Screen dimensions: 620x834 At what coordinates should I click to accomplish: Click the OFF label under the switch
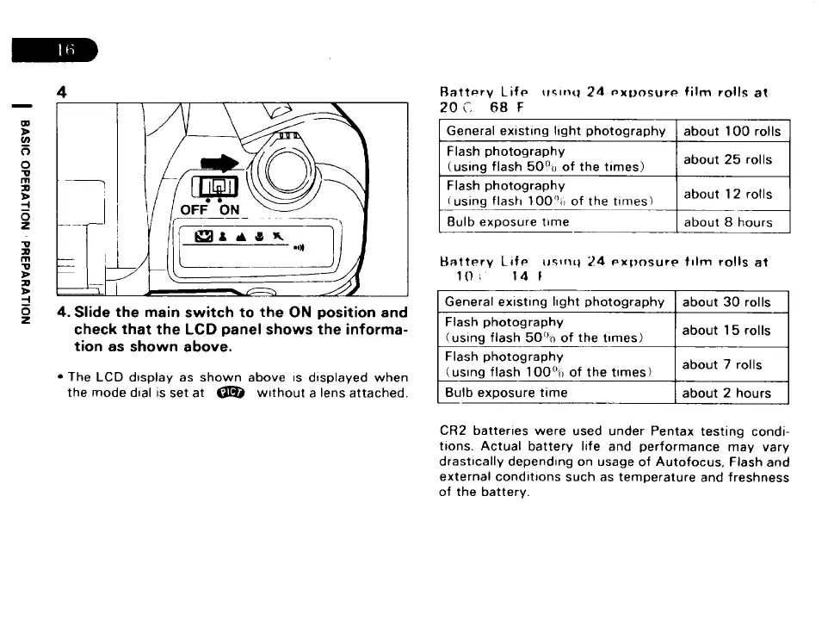coord(195,210)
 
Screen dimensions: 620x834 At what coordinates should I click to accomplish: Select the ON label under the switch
coord(230,210)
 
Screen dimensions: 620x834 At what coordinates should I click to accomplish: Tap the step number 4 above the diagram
coord(62,91)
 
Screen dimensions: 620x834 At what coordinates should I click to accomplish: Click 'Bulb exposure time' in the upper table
coord(507,222)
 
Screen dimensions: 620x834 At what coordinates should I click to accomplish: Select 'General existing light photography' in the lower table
coord(555,302)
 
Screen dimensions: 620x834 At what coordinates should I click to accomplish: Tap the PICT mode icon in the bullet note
coord(232,394)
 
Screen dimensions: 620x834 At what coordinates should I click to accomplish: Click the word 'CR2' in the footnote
coord(454,431)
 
